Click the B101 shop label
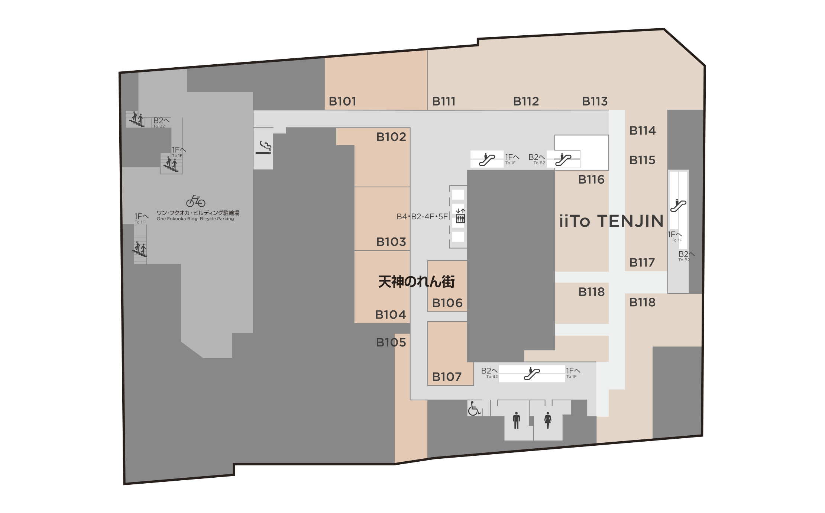(342, 101)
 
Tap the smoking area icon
(263, 148)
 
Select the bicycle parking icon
(196, 201)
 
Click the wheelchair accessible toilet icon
(474, 409)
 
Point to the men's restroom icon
(516, 420)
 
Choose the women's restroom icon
(548, 420)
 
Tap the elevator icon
(460, 216)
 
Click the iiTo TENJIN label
(611, 221)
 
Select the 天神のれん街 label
(416, 282)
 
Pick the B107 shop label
(447, 377)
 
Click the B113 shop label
(595, 101)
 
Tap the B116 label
(591, 180)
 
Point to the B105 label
(391, 342)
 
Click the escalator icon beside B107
(532, 374)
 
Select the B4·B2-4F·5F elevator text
(422, 217)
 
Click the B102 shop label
(391, 137)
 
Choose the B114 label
(643, 130)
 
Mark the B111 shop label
(444, 101)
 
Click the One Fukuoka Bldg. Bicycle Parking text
(195, 219)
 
